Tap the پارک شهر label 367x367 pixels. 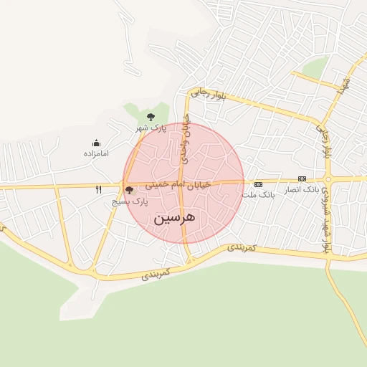tap(151, 128)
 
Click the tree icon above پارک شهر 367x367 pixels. tap(151, 116)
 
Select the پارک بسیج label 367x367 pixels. tap(130, 202)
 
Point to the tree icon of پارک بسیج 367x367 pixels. tap(129, 191)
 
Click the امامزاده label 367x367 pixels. tap(95, 153)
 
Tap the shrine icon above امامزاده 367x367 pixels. tap(96, 143)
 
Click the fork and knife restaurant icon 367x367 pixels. tap(99, 190)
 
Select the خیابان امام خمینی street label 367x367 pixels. tap(178, 185)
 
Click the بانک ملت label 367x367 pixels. tap(258, 194)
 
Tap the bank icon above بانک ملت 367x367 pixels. tap(258, 184)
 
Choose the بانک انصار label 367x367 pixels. tap(302, 189)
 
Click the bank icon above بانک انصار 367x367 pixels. tap(302, 178)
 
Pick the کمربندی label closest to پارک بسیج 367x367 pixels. tap(156, 273)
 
